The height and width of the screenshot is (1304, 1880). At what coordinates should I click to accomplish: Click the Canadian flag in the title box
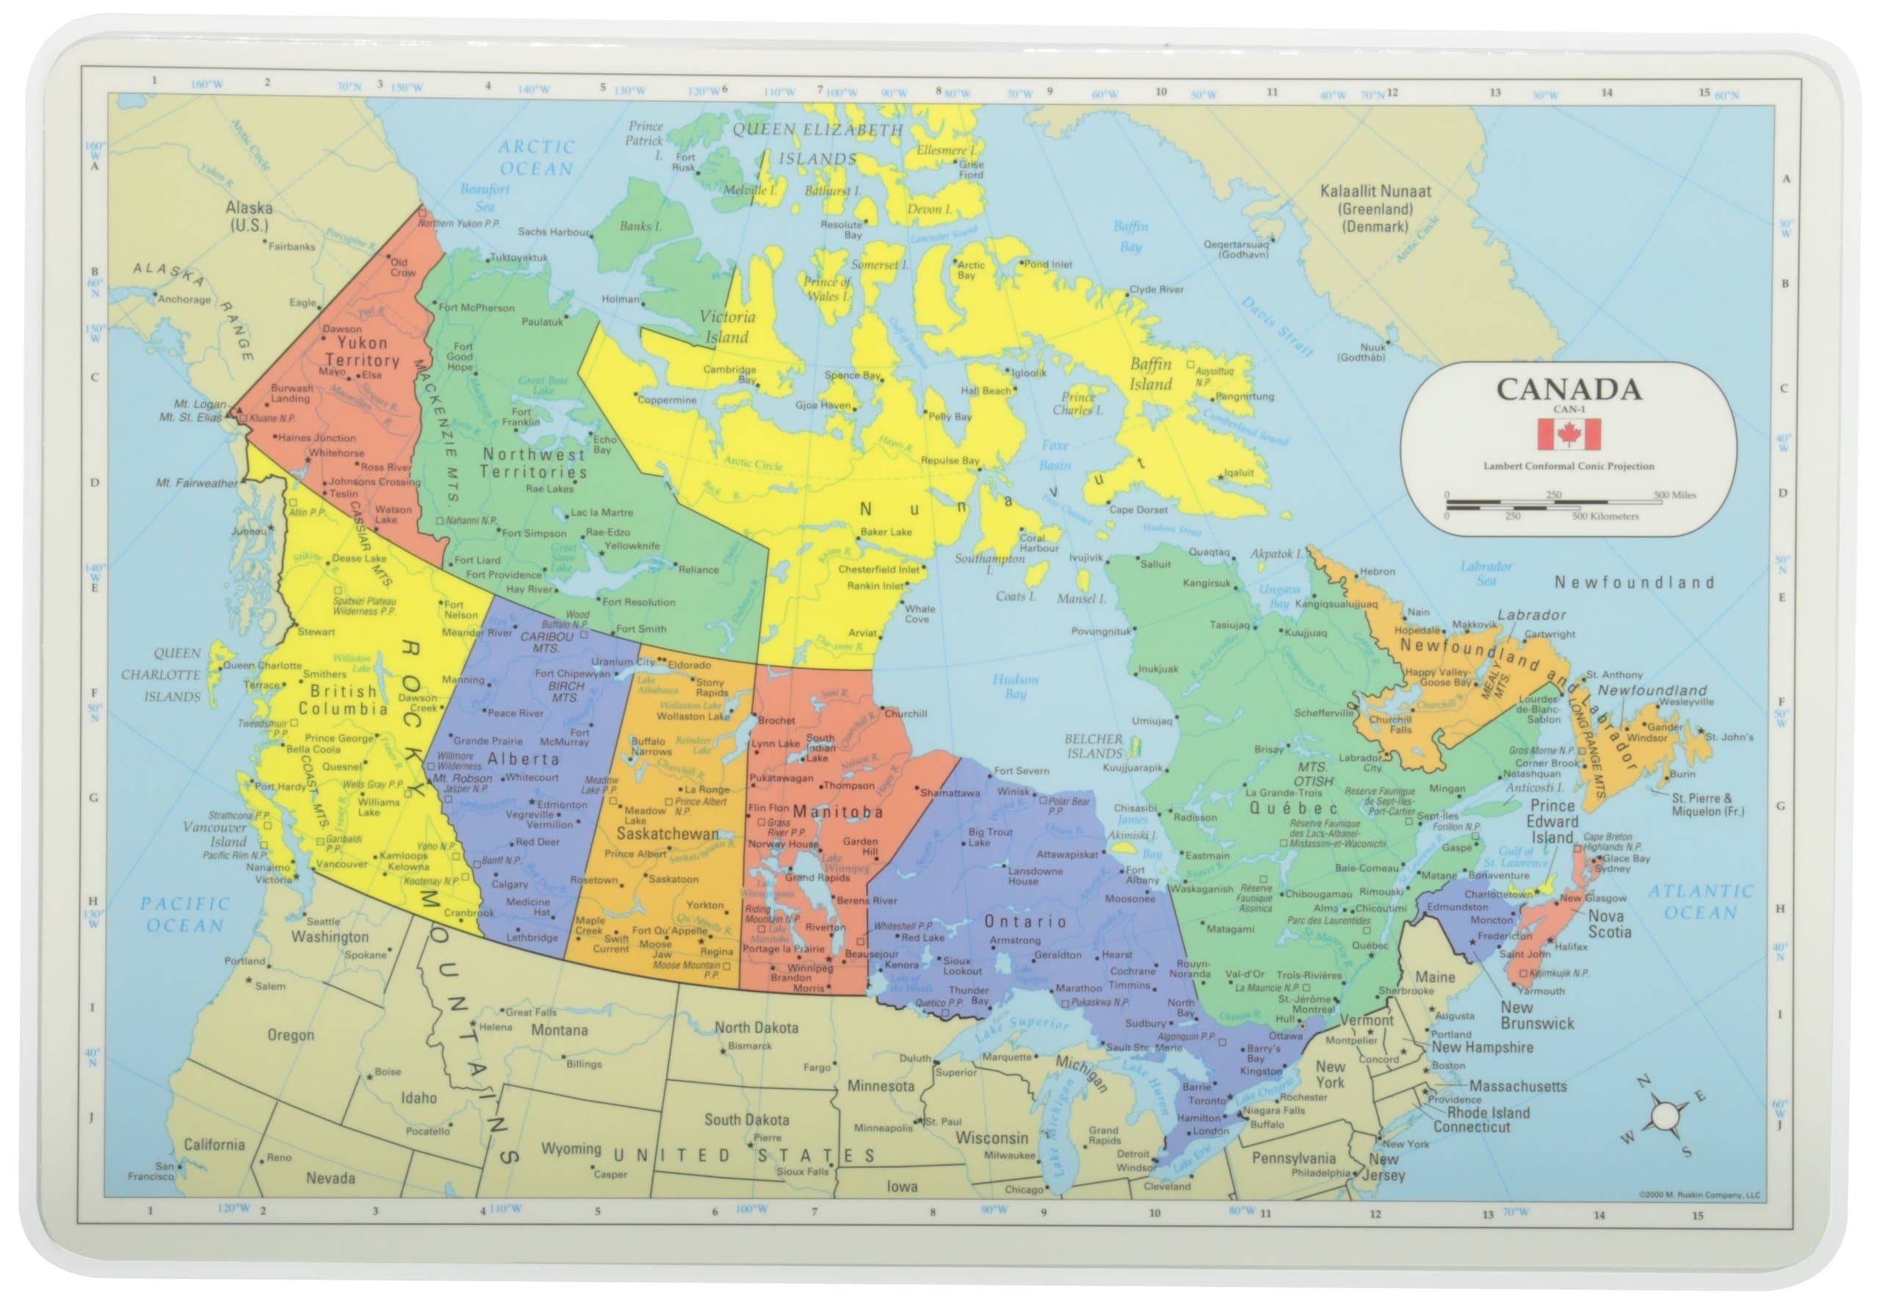pyautogui.click(x=1569, y=435)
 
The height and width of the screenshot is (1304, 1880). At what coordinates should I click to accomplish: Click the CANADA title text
pyautogui.click(x=1569, y=389)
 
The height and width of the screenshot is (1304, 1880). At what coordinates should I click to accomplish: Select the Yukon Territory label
pyautogui.click(x=362, y=352)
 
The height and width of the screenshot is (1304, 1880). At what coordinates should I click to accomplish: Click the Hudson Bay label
pyautogui.click(x=1015, y=686)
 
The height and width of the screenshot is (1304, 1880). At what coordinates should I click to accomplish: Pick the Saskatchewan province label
pyautogui.click(x=668, y=835)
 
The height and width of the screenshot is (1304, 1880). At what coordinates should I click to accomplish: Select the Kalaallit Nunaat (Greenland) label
pyautogui.click(x=1375, y=209)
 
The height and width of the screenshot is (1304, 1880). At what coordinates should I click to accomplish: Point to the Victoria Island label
pyautogui.click(x=727, y=327)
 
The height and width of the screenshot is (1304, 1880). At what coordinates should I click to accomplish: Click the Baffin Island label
pyautogui.click(x=1151, y=374)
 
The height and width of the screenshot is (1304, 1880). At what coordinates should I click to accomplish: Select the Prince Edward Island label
pyautogui.click(x=1552, y=821)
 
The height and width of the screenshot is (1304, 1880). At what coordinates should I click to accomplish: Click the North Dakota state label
pyautogui.click(x=756, y=1028)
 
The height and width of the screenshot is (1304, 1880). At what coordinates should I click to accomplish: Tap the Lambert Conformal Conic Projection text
pyautogui.click(x=1569, y=467)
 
